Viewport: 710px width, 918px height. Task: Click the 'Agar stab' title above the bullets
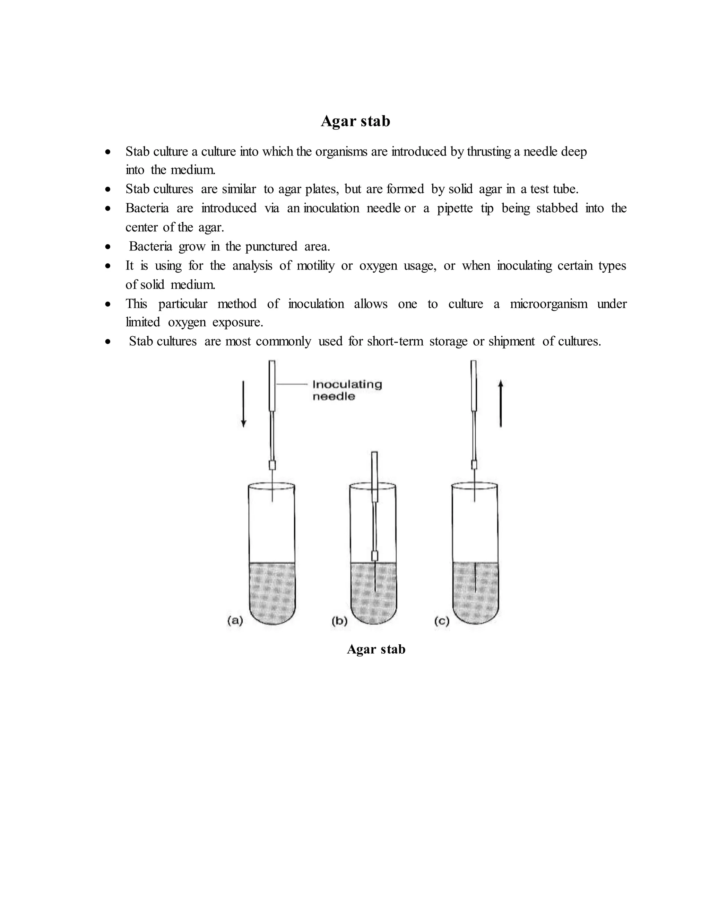click(355, 121)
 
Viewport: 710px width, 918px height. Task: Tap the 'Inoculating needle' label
click(347, 390)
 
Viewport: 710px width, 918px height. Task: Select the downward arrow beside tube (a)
click(243, 404)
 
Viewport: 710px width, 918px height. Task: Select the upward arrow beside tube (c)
click(501, 404)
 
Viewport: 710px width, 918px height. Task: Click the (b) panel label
click(339, 621)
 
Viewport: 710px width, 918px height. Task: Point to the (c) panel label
click(442, 621)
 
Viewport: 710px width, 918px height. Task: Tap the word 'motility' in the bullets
click(315, 266)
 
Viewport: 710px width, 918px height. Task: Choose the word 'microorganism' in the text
click(548, 303)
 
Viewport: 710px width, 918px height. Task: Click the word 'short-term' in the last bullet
click(395, 341)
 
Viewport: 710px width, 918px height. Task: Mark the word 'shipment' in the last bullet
click(511, 341)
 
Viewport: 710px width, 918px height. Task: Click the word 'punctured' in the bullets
click(271, 246)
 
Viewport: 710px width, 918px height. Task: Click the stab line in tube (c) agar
click(475, 577)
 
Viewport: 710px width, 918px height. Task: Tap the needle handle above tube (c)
click(474, 385)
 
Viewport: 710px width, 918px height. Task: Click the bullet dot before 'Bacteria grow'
click(109, 247)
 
